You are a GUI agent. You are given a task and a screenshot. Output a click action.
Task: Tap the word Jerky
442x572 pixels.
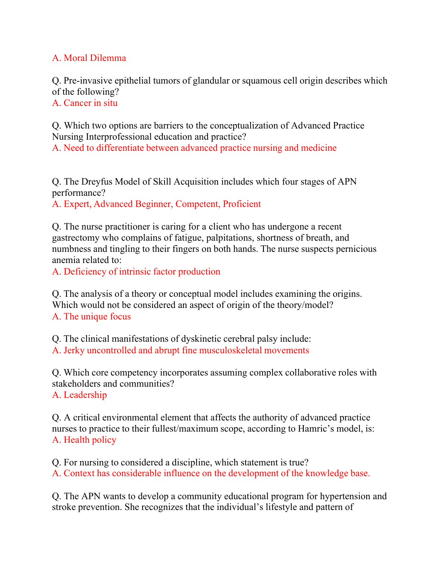[x=74, y=350]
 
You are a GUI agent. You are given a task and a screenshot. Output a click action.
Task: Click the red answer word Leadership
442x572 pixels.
[x=85, y=395]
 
